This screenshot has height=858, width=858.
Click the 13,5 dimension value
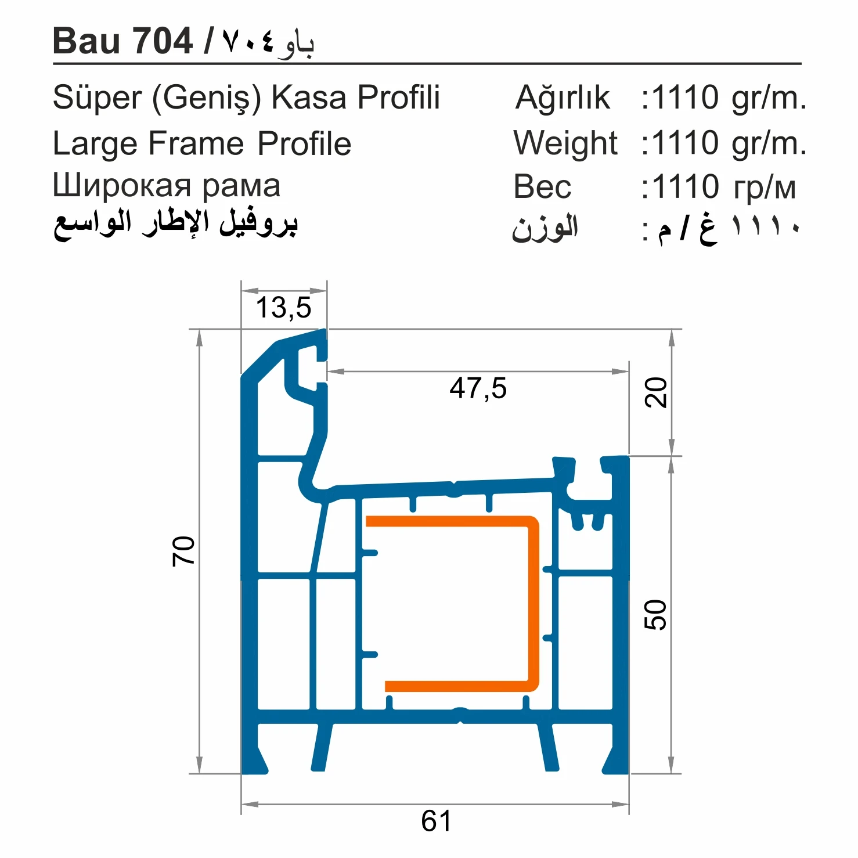[283, 308]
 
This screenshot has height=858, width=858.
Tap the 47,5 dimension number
[478, 388]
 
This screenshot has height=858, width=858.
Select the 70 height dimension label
[183, 551]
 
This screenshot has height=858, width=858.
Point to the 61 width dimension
[436, 821]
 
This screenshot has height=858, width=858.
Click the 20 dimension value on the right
[657, 392]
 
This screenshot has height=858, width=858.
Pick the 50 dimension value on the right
[656, 615]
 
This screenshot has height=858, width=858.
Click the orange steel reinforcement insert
[533, 604]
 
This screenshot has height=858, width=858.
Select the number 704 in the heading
[163, 41]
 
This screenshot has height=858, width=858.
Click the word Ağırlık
[563, 98]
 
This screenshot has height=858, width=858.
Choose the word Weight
[565, 143]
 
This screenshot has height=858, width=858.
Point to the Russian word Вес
[542, 187]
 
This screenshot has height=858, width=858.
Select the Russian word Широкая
[121, 186]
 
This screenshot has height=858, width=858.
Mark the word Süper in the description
[97, 98]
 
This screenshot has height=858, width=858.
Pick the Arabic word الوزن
[545, 228]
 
